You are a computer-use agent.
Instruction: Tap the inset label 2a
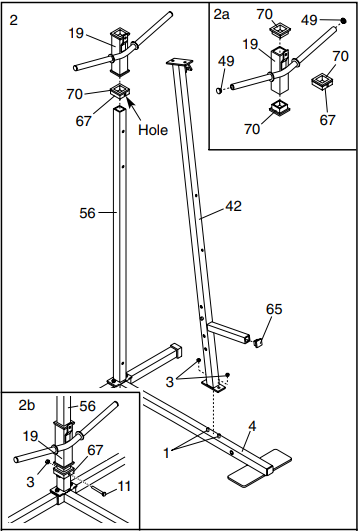pyautogui.click(x=222, y=16)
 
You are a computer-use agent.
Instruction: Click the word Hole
pyautogui.click(x=154, y=130)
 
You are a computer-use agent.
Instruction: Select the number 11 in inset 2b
pyautogui.click(x=126, y=487)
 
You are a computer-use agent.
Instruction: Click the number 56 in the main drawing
pyautogui.click(x=88, y=212)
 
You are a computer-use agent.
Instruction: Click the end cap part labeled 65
pyautogui.click(x=258, y=342)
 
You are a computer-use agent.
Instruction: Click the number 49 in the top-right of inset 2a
pyautogui.click(x=308, y=20)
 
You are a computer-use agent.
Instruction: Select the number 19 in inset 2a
pyautogui.click(x=251, y=44)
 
